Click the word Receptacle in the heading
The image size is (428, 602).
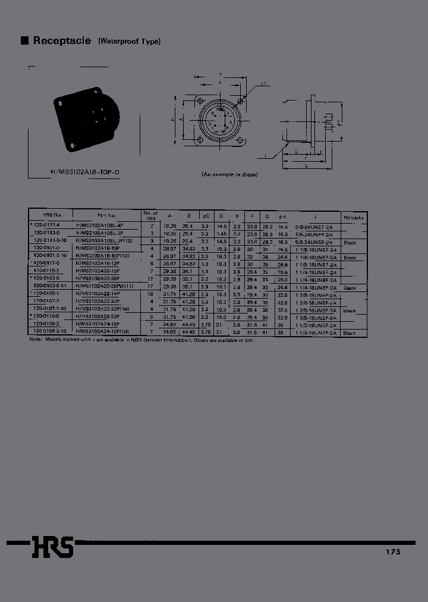62,41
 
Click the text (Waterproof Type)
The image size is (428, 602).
130,42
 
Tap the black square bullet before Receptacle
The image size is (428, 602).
25,41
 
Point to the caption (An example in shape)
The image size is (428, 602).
229,174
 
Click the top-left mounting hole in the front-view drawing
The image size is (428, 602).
200,100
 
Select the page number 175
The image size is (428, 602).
393,552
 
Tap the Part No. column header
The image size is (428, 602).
107,215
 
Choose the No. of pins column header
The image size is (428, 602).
150,215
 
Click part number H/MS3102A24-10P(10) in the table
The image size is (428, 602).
106,333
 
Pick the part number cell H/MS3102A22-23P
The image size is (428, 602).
98,318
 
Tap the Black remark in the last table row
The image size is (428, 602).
350,333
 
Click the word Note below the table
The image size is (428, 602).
36,339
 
